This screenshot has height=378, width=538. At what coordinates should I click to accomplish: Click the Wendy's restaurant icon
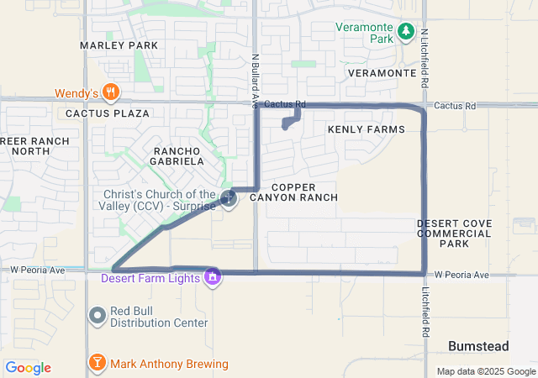[110, 92]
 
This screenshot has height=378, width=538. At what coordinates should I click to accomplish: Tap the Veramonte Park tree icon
[406, 31]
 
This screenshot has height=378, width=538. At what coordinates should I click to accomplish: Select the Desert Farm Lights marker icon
[214, 276]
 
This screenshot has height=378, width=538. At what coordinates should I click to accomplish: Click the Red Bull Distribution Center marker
[98, 315]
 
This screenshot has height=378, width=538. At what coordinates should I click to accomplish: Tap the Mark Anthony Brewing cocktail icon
[98, 363]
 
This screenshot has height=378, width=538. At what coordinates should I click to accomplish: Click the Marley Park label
[119, 45]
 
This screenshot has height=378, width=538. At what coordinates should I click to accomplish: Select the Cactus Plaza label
[108, 113]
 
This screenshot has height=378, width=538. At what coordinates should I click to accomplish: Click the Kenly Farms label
[366, 129]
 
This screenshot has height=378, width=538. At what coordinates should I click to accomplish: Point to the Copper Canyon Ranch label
[305, 192]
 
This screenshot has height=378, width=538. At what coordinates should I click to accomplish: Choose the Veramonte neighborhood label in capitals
[382, 73]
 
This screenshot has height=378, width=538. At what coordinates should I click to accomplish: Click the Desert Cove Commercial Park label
[454, 234]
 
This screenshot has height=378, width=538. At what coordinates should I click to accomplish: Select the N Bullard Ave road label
[254, 81]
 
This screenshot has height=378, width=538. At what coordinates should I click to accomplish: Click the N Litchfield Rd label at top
[425, 60]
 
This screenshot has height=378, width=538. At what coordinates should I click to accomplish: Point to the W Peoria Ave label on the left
[38, 270]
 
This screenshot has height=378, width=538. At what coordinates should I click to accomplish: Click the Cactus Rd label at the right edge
[456, 106]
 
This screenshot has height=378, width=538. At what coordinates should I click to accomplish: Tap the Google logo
[28, 368]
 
